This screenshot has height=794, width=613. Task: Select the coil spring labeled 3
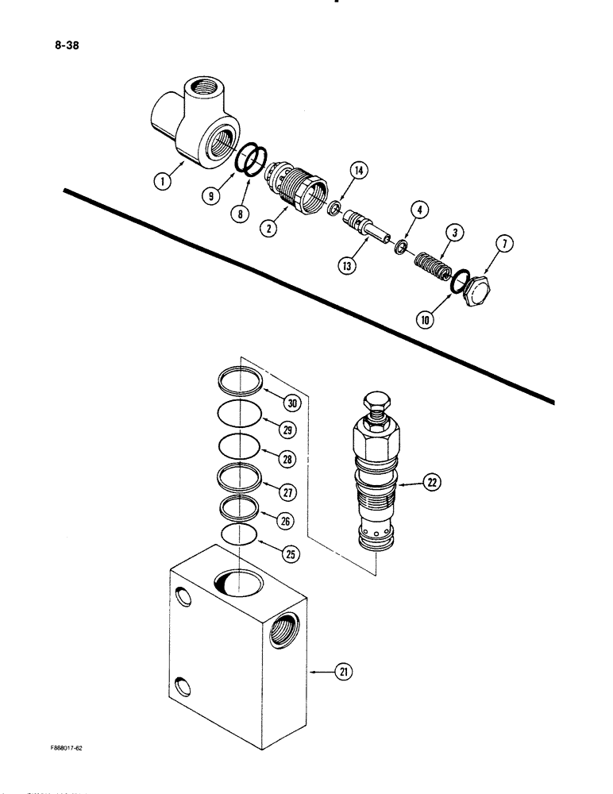(x=434, y=263)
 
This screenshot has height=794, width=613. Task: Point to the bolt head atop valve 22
(x=377, y=403)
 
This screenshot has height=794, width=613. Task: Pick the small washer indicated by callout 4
(x=403, y=246)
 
